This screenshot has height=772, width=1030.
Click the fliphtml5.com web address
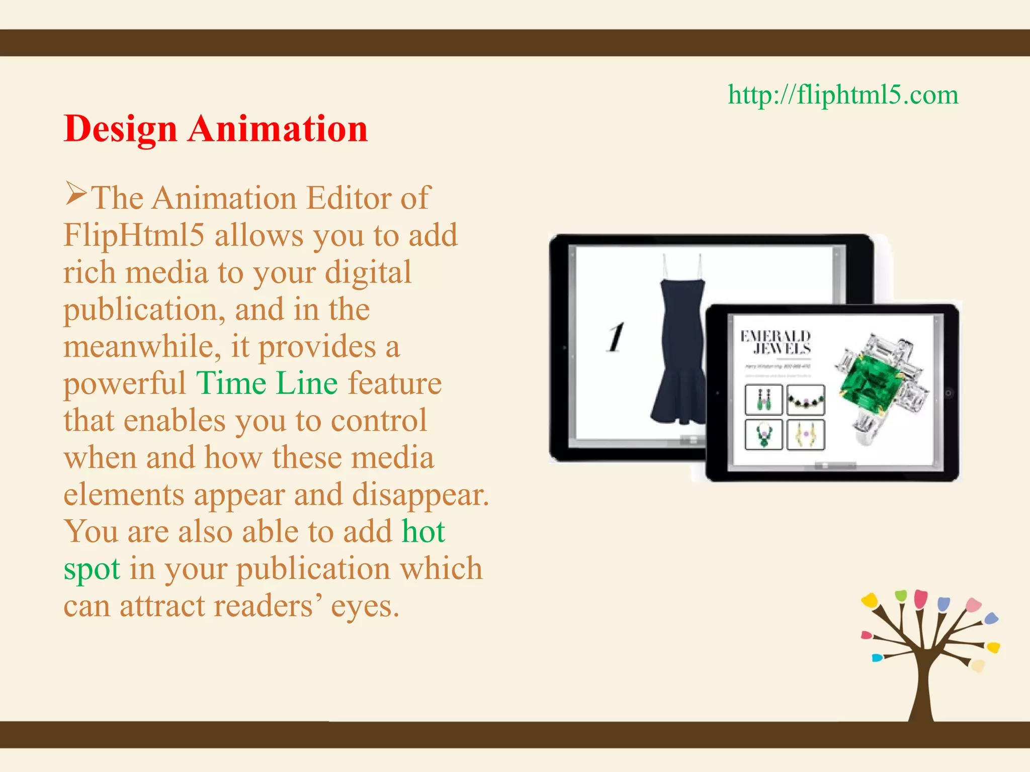843,94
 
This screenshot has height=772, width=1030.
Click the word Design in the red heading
121,129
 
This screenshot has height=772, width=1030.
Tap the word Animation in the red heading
278,129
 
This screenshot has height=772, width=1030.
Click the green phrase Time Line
267,383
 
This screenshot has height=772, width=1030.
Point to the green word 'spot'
92,569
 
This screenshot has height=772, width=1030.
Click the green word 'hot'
423,532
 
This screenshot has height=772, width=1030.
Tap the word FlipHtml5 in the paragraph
134,235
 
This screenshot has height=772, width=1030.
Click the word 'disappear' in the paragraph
420,495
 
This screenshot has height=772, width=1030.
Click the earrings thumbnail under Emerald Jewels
763,400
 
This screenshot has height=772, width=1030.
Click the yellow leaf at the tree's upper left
869,599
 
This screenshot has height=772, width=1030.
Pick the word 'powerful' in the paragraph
125,383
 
